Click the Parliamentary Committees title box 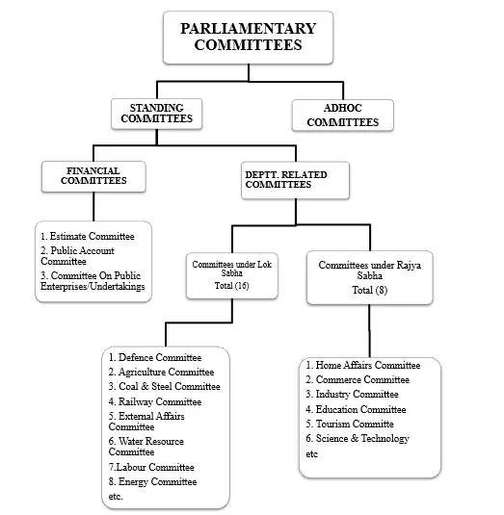pos(249,38)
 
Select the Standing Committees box pos(156,114)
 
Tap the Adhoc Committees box pos(342,115)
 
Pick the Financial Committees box pos(93,176)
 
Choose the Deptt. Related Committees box pos(295,180)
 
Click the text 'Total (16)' pos(232,286)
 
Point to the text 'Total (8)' pos(369,290)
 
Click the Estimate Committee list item pos(88,236)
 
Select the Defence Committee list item pos(155,357)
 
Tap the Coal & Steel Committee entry pos(165,386)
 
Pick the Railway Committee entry pos(155,401)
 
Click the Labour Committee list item pos(151,467)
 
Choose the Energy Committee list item pos(152,481)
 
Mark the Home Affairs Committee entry pos(363,365)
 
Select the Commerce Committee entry pos(358,379)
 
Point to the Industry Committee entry pos(352,394)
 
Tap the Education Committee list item pos(356,409)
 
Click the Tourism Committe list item pos(350,424)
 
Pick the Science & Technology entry pos(358,439)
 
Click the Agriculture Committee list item pos(161,372)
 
